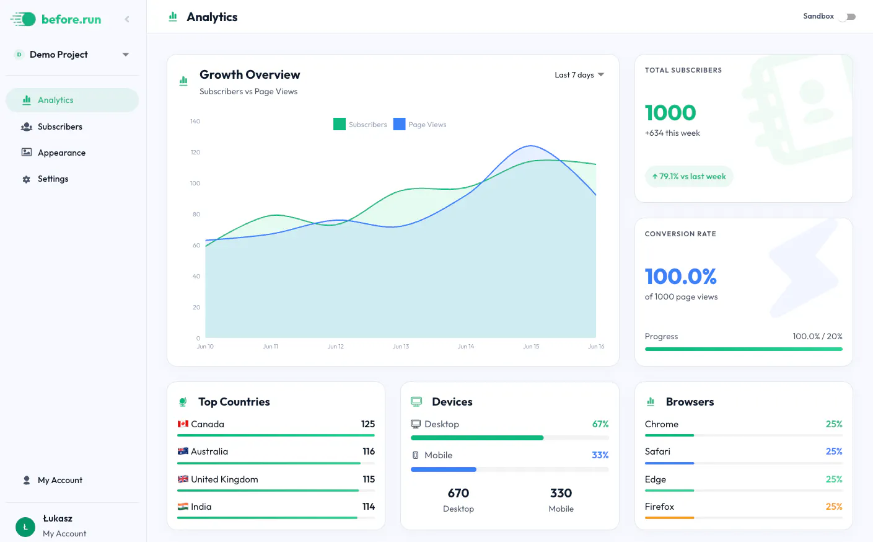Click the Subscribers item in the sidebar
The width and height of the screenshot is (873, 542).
[59, 127]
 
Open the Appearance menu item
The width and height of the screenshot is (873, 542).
[61, 153]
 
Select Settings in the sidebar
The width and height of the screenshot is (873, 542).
[53, 179]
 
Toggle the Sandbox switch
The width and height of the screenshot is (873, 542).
[848, 17]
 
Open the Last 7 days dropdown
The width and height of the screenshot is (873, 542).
[579, 74]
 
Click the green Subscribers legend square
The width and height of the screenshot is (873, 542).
[340, 124]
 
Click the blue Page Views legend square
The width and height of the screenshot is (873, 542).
[399, 124]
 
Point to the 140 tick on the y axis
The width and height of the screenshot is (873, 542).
[195, 122]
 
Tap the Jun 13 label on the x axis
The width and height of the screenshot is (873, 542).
[401, 347]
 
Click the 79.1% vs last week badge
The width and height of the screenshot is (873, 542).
[688, 176]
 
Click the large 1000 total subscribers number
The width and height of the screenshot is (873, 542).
[670, 113]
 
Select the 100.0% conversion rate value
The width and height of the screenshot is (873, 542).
[680, 276]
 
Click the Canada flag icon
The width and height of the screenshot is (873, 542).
[183, 424]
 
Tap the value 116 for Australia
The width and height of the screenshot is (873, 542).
[369, 451]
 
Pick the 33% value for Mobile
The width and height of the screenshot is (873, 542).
[600, 455]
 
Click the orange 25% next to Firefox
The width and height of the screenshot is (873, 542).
[834, 507]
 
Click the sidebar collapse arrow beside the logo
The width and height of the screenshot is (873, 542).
[127, 19]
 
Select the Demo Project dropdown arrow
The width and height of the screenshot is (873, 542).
[126, 55]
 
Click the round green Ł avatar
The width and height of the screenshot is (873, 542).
[25, 527]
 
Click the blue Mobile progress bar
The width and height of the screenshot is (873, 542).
[444, 469]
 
